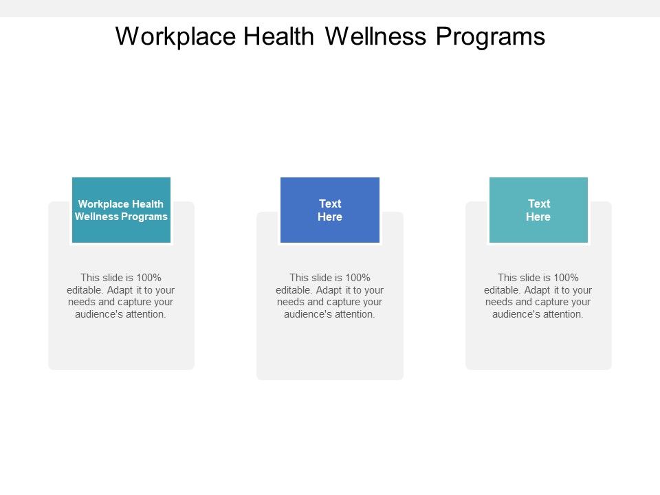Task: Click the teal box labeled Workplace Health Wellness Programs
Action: (121, 210)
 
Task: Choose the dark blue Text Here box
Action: (330, 210)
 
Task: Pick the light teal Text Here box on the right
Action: (538, 210)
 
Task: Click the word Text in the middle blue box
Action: (330, 203)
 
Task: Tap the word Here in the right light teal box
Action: (538, 217)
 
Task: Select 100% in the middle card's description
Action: (356, 278)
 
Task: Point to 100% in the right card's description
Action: (564, 278)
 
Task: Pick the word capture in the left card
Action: (129, 302)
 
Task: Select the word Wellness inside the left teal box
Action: (96, 217)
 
